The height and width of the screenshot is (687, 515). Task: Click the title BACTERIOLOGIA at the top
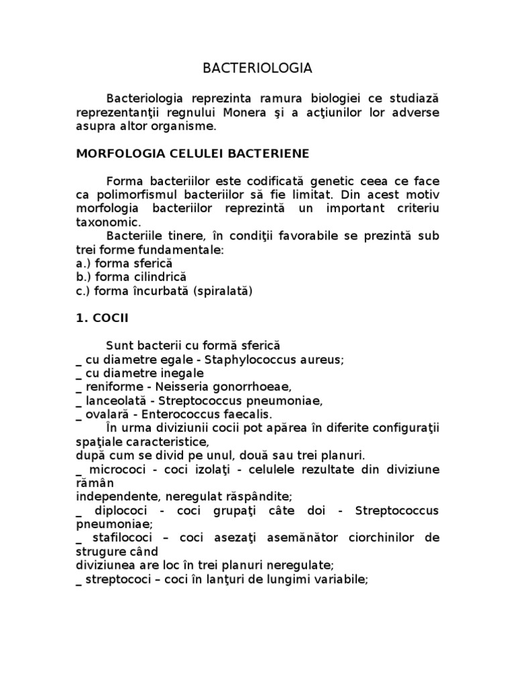pyautogui.click(x=257, y=68)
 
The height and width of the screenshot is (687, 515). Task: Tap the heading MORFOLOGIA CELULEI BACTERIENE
pyautogui.click(x=192, y=154)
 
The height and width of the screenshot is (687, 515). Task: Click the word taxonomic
pyautogui.click(x=109, y=221)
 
